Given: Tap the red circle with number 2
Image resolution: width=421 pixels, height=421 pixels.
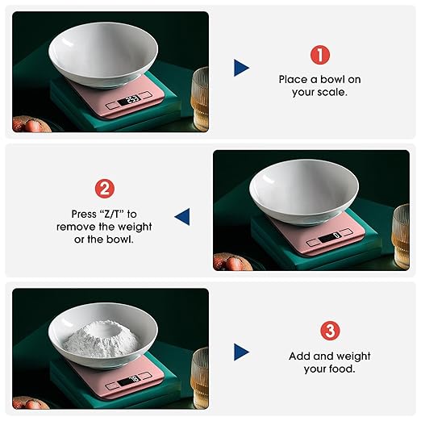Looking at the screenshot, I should pos(105,190).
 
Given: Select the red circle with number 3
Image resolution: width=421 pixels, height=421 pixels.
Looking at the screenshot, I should pos(329,331).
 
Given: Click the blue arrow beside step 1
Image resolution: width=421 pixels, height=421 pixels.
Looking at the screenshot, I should pos(241,68).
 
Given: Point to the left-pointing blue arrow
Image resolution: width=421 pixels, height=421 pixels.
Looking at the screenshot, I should pos(182,216).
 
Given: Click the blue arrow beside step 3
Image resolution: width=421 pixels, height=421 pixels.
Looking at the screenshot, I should pos(241,352).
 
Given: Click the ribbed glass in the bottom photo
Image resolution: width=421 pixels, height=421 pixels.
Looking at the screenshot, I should pos(200,375).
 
